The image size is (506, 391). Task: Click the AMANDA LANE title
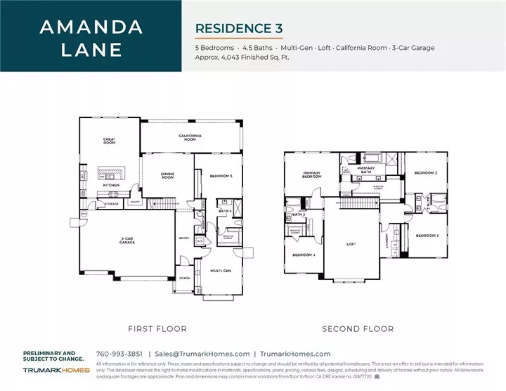coord(91,39)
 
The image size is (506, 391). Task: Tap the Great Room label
coord(109,141)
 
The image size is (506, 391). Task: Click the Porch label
coord(186,278)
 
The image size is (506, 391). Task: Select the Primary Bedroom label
coord(311,176)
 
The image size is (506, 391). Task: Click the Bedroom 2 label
coord(426,173)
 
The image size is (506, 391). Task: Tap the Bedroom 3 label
coord(427,236)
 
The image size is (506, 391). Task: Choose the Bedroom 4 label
coord(303,254)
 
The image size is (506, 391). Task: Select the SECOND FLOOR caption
coord(357,328)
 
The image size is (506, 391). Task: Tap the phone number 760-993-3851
coord(119,354)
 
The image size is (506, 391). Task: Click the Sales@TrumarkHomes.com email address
coord(202,354)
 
